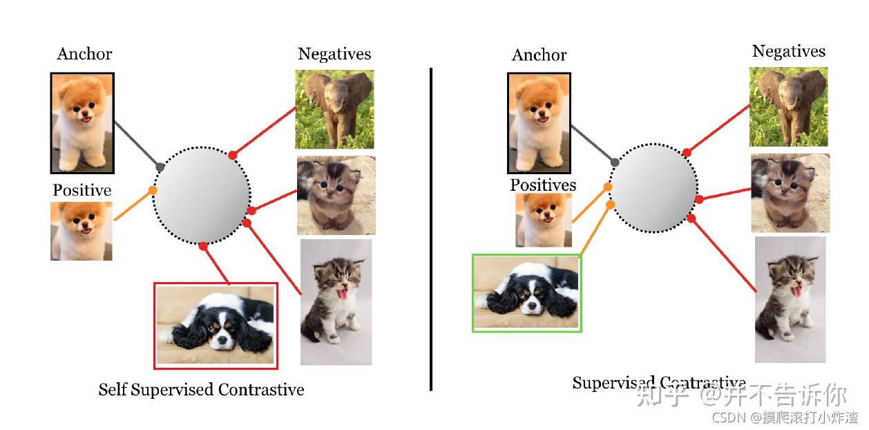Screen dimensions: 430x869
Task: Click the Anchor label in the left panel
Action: (84, 54)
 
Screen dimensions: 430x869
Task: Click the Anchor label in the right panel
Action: (539, 55)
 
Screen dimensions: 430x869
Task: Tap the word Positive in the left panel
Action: (82, 190)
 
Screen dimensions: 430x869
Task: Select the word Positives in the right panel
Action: (543, 185)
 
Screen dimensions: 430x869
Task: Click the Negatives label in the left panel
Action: (334, 54)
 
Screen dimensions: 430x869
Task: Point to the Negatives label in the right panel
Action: (788, 51)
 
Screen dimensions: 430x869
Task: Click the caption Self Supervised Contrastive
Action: (201, 390)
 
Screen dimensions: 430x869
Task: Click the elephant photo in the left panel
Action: (334, 109)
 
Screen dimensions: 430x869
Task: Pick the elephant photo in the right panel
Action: (788, 106)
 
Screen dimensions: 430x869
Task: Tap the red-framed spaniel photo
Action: (216, 325)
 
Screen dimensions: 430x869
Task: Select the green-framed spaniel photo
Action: (526, 293)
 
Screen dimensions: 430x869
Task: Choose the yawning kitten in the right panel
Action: (790, 299)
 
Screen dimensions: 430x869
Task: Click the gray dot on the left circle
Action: (160, 167)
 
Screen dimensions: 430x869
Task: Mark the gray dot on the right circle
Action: (614, 162)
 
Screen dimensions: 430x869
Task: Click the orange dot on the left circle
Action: (153, 190)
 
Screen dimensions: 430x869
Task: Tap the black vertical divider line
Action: (431, 228)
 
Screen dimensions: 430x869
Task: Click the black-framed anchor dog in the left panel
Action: (82, 123)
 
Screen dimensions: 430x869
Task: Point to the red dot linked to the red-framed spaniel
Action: (203, 246)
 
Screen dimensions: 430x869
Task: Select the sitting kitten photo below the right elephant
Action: (790, 193)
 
